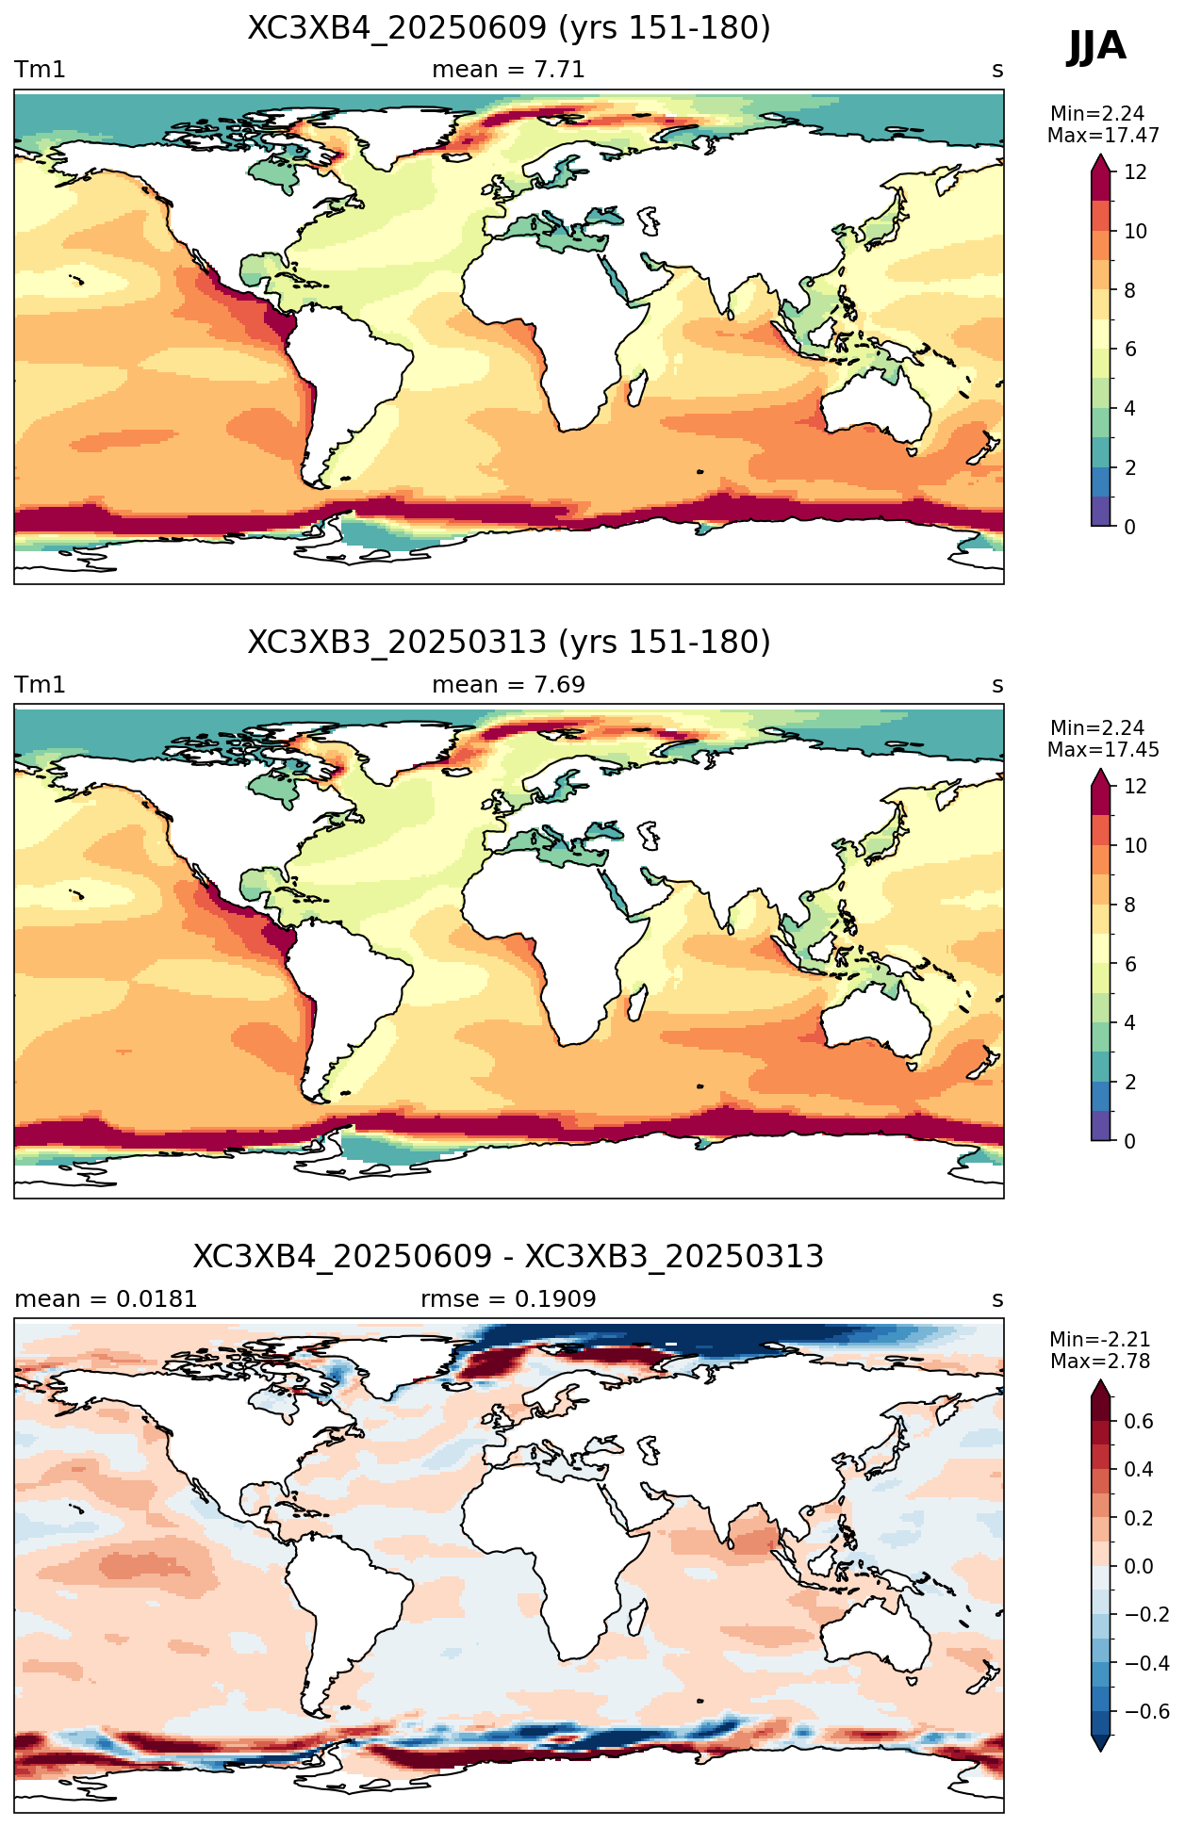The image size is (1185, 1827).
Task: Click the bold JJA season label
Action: click(x=1096, y=46)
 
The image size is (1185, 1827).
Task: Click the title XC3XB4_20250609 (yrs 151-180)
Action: click(x=509, y=28)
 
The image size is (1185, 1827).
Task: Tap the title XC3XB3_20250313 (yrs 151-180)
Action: click(x=509, y=643)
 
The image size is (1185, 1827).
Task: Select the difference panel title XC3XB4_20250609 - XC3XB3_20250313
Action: click(x=509, y=1257)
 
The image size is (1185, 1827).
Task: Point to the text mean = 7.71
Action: click(x=509, y=70)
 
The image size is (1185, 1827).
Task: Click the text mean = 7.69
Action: click(x=509, y=685)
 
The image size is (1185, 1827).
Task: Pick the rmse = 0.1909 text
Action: click(x=509, y=1299)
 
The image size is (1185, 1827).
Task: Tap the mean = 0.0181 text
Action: click(x=107, y=1299)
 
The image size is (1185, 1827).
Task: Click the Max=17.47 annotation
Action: click(x=1103, y=135)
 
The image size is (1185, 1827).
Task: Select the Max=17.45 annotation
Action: click(x=1103, y=749)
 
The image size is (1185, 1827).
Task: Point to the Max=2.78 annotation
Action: click(x=1100, y=1362)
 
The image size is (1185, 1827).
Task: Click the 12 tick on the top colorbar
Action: click(x=1136, y=171)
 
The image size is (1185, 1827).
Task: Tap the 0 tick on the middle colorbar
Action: click(x=1130, y=1141)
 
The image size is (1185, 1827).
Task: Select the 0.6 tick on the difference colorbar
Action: click(x=1139, y=1421)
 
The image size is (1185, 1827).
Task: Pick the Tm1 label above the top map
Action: click(x=40, y=70)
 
